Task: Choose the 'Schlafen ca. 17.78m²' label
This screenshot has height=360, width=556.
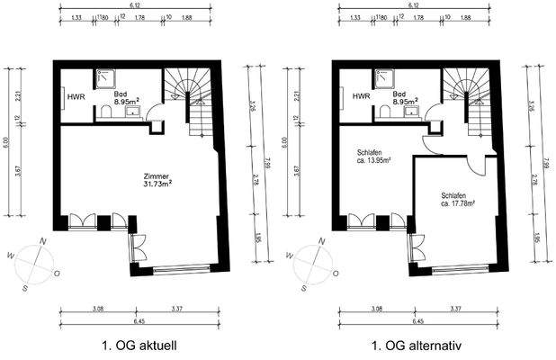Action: [458, 198]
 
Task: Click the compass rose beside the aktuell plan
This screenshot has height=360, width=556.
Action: [31, 264]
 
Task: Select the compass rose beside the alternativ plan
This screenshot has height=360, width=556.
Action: [310, 264]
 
